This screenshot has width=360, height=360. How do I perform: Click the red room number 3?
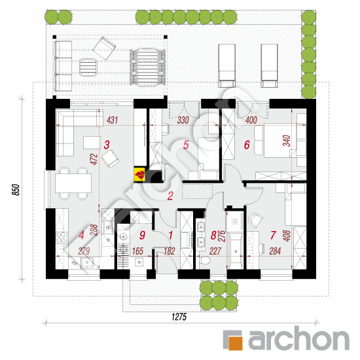point(107,145)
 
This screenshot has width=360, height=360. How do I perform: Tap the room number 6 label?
point(247,145)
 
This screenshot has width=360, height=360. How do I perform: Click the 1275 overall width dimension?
point(179,317)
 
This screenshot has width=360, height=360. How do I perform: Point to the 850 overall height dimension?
point(16,190)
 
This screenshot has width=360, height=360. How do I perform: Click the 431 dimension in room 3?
point(113,120)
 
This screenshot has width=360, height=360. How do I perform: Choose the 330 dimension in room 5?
point(183,120)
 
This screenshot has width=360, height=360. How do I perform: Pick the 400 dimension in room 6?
point(251,120)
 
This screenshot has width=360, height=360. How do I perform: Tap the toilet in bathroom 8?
point(205,261)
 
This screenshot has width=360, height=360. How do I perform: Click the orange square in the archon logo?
point(236,343)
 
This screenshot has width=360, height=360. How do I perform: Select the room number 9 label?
point(142,235)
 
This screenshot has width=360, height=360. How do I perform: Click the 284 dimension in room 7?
point(275,251)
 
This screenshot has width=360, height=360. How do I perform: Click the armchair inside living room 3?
point(110,158)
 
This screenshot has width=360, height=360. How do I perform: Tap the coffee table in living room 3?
point(92,143)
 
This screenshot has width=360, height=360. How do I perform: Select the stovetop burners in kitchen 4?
point(62,238)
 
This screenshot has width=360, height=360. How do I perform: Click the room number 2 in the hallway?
point(170,196)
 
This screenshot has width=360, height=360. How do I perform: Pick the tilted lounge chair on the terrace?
point(104,48)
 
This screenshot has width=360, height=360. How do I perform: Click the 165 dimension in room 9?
point(137,251)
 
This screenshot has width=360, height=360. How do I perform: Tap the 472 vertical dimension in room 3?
point(94,159)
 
